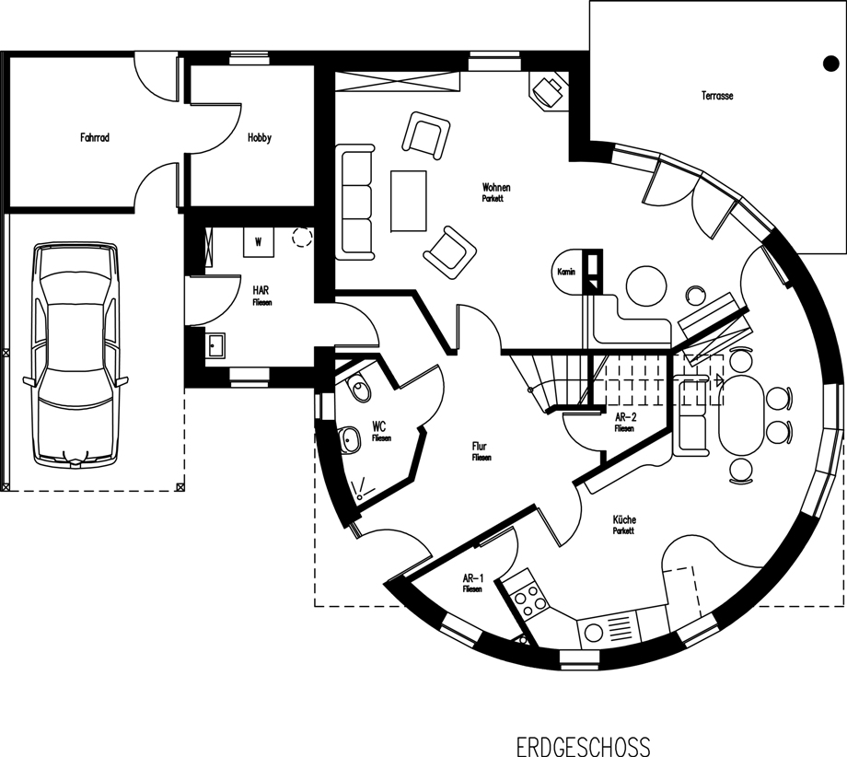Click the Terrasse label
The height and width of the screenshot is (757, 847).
pyautogui.click(x=717, y=96)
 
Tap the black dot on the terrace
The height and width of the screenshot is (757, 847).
pyautogui.click(x=830, y=64)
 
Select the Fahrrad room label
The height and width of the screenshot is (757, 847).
pyautogui.click(x=95, y=138)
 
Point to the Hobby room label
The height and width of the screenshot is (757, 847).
pyautogui.click(x=260, y=138)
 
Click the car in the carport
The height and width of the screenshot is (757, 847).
pyautogui.click(x=75, y=355)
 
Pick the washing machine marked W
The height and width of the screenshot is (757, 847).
pyautogui.click(x=258, y=242)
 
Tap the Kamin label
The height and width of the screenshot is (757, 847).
pyautogui.click(x=566, y=272)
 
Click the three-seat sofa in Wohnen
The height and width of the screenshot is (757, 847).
pyautogui.click(x=354, y=202)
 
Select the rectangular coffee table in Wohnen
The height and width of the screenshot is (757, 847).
pyautogui.click(x=409, y=201)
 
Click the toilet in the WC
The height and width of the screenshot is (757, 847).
pyautogui.click(x=358, y=388)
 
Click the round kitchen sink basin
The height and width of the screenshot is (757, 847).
pyautogui.click(x=594, y=633)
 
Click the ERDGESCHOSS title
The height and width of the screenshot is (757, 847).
pyautogui.click(x=584, y=746)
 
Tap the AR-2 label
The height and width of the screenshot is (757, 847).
pyautogui.click(x=625, y=417)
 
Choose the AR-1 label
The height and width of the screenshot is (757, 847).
pyautogui.click(x=472, y=578)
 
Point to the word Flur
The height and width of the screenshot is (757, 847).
pyautogui.click(x=479, y=447)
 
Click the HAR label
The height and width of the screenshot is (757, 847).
pyautogui.click(x=261, y=291)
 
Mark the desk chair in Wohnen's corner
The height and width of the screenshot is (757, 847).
pyautogui.click(x=548, y=91)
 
